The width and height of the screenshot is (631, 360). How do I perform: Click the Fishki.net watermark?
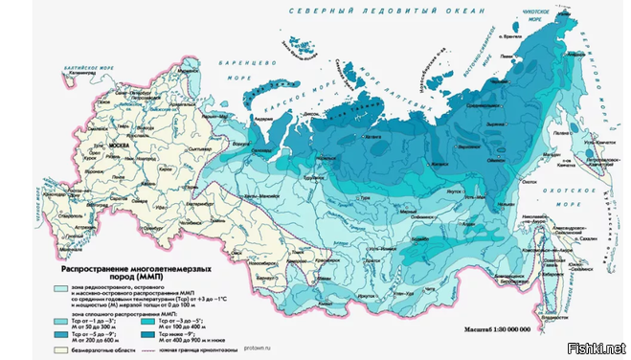597,347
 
